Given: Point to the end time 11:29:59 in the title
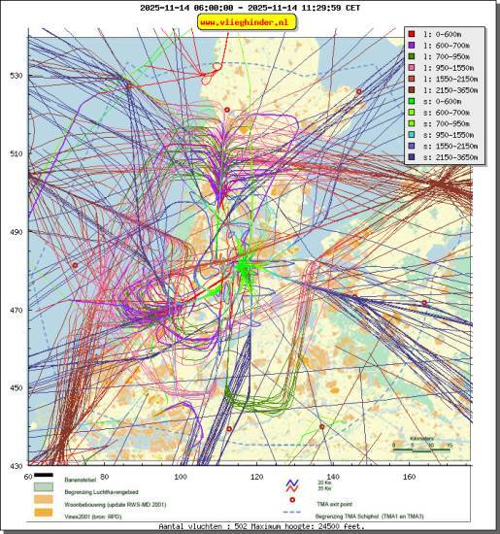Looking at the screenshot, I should tap(304, 7).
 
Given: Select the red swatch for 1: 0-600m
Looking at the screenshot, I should tap(414, 34).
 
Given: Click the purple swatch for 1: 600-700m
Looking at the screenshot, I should tap(414, 45).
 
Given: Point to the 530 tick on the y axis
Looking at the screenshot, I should tap(16, 76).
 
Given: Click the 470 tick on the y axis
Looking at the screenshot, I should tap(16, 311).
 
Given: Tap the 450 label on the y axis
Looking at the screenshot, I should tap(16, 388).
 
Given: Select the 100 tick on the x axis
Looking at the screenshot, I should tap(181, 476).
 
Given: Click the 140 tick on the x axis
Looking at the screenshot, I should tap(333, 476).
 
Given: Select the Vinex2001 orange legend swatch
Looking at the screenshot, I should tap(44, 516).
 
